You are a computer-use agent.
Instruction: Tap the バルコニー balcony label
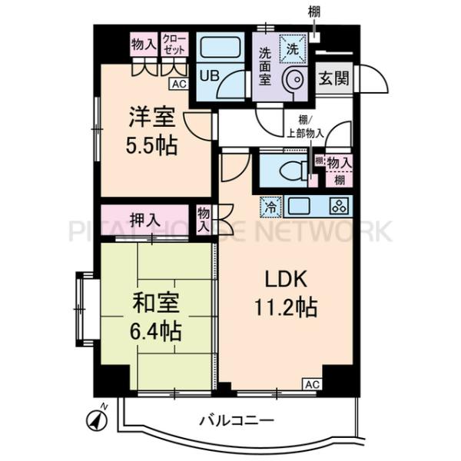click(237, 420)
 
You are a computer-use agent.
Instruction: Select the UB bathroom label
click(208, 76)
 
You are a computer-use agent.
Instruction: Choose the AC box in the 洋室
click(179, 85)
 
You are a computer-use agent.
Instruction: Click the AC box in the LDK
click(312, 383)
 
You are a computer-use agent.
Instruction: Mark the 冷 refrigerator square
click(271, 206)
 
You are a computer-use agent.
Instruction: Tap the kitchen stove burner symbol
click(339, 206)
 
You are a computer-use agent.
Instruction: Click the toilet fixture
click(292, 171)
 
